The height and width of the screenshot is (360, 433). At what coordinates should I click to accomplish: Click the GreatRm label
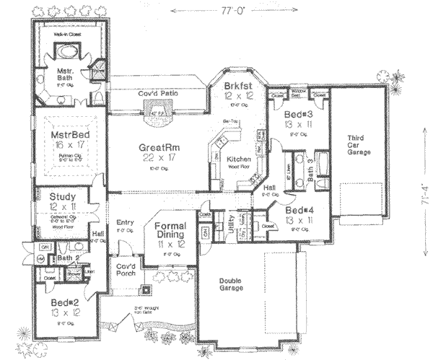coord(159,147)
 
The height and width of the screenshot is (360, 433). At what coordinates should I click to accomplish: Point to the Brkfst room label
coord(233,85)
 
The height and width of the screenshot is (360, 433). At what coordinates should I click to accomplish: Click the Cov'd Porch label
coord(126,269)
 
